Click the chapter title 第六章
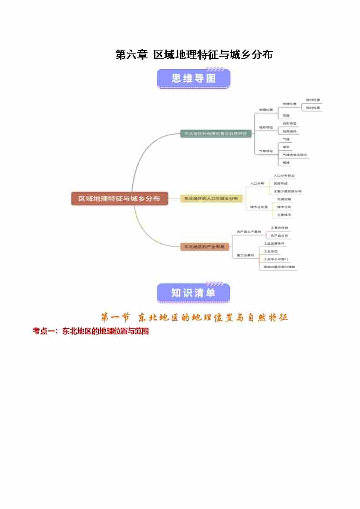(131, 55)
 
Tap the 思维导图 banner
(193, 79)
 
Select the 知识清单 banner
(193, 293)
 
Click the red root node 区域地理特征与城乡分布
(119, 199)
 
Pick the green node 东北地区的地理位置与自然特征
(216, 134)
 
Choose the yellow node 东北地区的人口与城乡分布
(211, 199)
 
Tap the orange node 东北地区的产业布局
(205, 247)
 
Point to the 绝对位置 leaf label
(313, 100)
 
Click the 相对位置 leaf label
(313, 108)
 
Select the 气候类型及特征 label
(294, 155)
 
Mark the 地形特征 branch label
(266, 128)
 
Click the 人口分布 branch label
(257, 184)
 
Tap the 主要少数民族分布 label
(287, 191)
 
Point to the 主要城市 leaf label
(284, 215)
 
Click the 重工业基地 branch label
(245, 255)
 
